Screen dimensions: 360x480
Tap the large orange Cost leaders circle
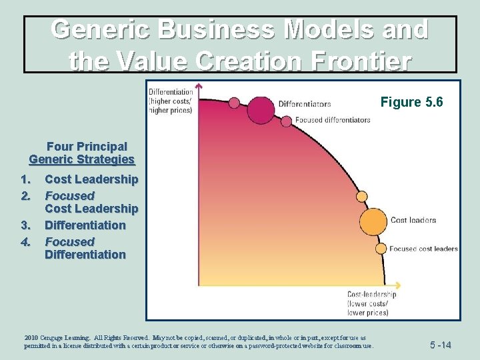[x=373, y=221]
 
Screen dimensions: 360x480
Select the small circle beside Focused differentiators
[x=286, y=121]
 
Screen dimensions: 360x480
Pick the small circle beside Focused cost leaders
[x=381, y=249]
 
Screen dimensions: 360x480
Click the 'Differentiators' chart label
[x=304, y=104]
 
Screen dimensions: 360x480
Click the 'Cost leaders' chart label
[x=413, y=220]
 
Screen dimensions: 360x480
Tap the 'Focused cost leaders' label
[x=423, y=249]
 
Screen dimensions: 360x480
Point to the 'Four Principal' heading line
[x=87, y=146]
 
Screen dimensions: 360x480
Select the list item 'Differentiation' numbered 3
[x=85, y=225]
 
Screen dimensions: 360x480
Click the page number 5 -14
[x=440, y=345]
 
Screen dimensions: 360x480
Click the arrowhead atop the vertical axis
[x=199, y=86]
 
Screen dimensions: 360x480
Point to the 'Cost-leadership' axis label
[x=372, y=294]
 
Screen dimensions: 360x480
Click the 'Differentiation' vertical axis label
[x=171, y=92]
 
